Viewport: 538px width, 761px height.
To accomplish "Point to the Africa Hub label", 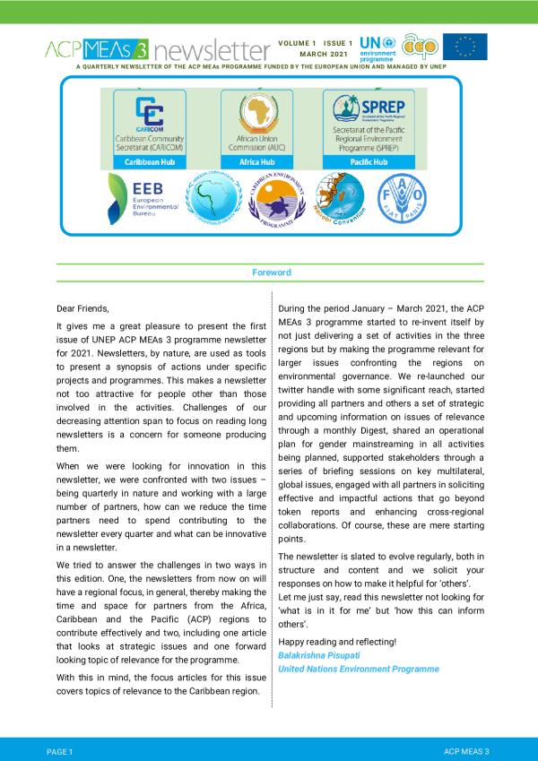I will pyautogui.click(x=257, y=162).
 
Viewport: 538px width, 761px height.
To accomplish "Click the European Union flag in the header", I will pyautogui.click(x=465, y=47).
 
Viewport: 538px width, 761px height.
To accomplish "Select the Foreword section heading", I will pyautogui.click(x=270, y=272).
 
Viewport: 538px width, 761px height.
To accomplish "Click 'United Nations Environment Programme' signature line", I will pyautogui.click(x=359, y=669).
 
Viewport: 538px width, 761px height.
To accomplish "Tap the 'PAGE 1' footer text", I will pyautogui.click(x=59, y=748).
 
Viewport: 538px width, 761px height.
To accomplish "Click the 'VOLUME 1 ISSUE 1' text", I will pyautogui.click(x=316, y=42).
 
